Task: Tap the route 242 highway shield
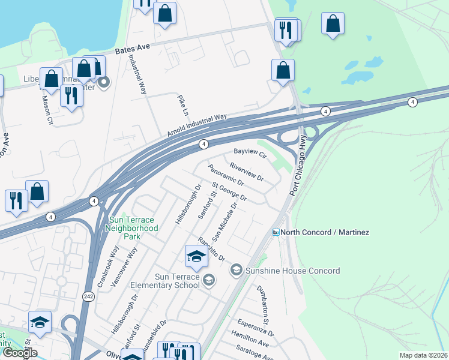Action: click(88, 296)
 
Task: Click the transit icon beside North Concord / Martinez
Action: click(276, 232)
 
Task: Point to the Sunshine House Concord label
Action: click(292, 271)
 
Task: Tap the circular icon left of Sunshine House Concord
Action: click(236, 271)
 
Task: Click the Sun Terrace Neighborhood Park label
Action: click(131, 224)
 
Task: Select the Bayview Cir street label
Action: click(250, 153)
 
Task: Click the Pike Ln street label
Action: click(182, 105)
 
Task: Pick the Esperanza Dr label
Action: click(255, 328)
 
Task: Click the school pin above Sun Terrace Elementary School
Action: click(196, 257)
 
